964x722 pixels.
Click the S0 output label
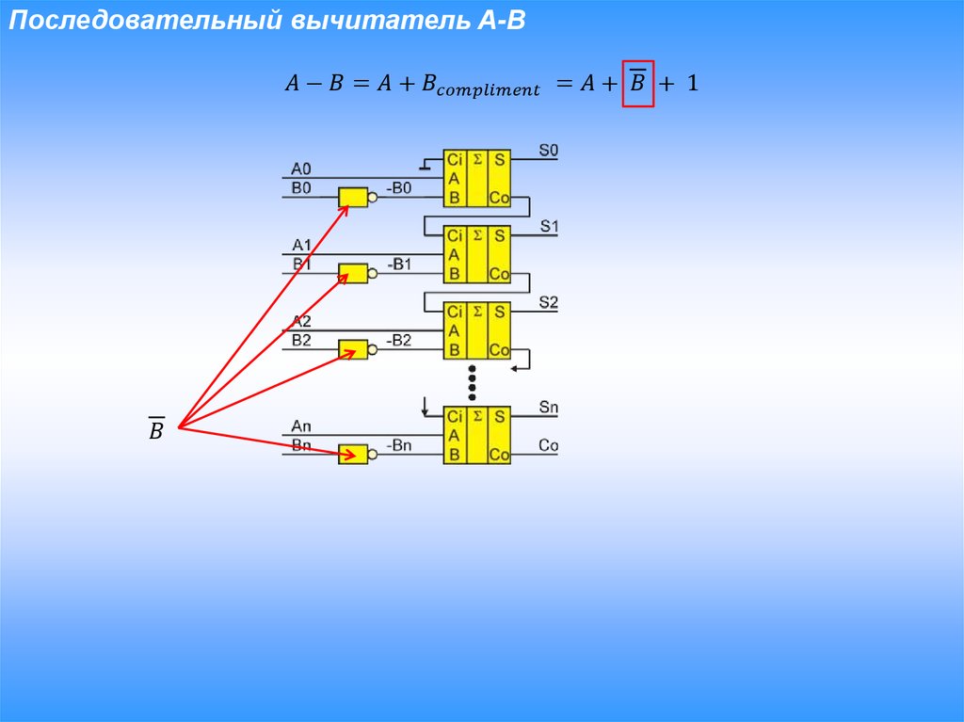pyautogui.click(x=549, y=150)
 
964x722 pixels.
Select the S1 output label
pyautogui.click(x=549, y=227)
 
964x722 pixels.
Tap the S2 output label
pyautogui.click(x=549, y=303)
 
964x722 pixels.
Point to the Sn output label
pyautogui.click(x=549, y=408)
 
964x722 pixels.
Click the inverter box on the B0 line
pyautogui.click(x=353, y=198)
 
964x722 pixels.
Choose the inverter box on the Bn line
pyautogui.click(x=353, y=454)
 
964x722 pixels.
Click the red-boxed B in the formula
pyautogui.click(x=637, y=83)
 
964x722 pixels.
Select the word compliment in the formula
pyautogui.click(x=490, y=90)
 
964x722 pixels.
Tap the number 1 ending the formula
pyautogui.click(x=692, y=84)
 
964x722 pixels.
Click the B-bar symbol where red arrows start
pyautogui.click(x=156, y=430)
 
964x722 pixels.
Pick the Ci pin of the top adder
pyautogui.click(x=455, y=160)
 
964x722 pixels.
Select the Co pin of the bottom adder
pyautogui.click(x=499, y=455)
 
